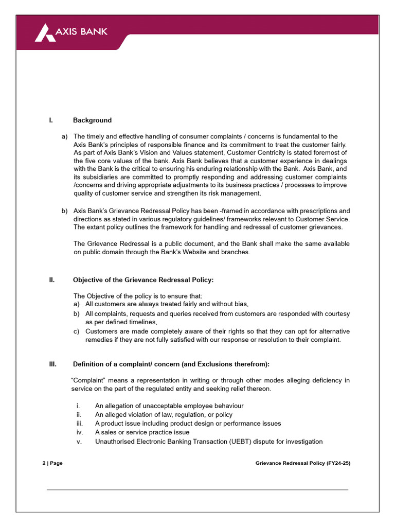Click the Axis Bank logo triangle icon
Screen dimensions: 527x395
45,33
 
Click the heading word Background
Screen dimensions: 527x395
92,120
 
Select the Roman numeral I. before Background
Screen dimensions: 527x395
51,120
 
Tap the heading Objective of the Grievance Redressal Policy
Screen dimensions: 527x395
143,280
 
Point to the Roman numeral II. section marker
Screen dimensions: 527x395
51,280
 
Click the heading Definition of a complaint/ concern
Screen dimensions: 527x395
171,364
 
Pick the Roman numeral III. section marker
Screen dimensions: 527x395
52,364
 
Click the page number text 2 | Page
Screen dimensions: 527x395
52,463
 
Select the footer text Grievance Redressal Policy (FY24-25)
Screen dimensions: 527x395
302,463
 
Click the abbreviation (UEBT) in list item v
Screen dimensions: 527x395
239,442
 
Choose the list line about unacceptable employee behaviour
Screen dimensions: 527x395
169,406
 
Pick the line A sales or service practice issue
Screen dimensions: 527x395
142,432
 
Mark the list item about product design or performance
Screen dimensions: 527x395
188,424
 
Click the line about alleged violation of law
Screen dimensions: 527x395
164,415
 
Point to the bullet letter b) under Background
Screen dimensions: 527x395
64,211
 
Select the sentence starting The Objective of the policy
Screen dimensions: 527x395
138,296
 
